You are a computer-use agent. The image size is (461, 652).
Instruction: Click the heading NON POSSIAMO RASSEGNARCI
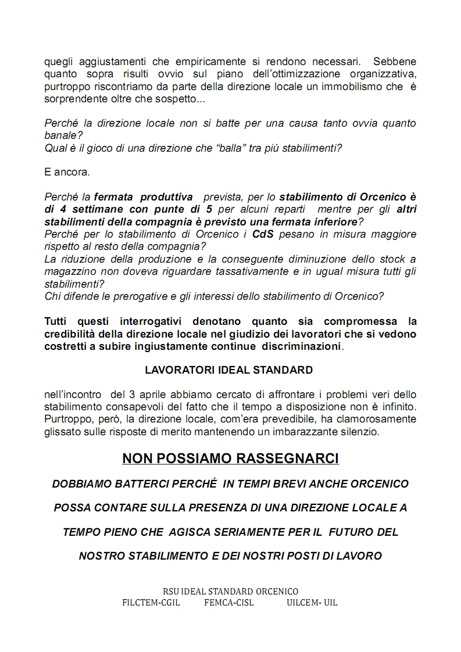point(230,458)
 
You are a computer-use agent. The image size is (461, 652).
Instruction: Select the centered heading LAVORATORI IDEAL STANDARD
point(228,370)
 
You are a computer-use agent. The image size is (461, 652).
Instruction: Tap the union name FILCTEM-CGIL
point(151,602)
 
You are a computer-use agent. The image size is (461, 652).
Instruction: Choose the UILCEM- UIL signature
point(312,602)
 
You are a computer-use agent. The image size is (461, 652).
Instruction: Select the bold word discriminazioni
point(302,346)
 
